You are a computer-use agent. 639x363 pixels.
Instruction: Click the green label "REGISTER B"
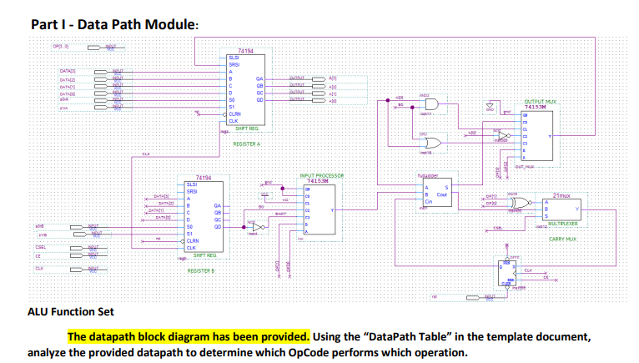pyautogui.click(x=201, y=270)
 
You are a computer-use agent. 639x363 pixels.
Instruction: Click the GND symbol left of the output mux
pyautogui.click(x=491, y=107)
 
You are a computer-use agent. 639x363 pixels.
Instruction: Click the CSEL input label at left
pyautogui.click(x=40, y=248)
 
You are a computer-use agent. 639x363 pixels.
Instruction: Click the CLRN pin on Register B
pyautogui.click(x=193, y=240)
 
